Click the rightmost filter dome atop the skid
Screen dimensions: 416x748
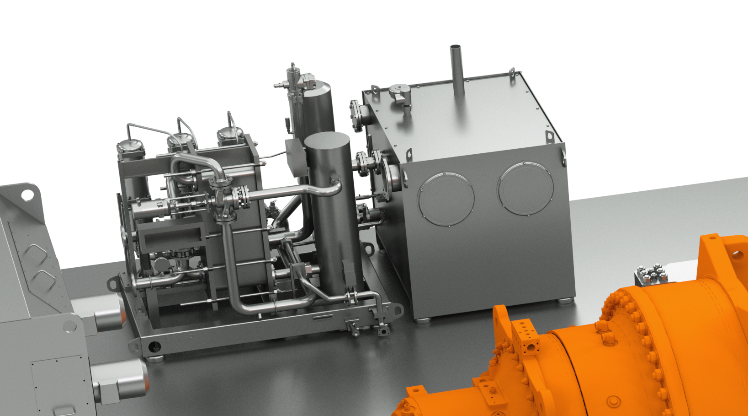click(230, 134)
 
